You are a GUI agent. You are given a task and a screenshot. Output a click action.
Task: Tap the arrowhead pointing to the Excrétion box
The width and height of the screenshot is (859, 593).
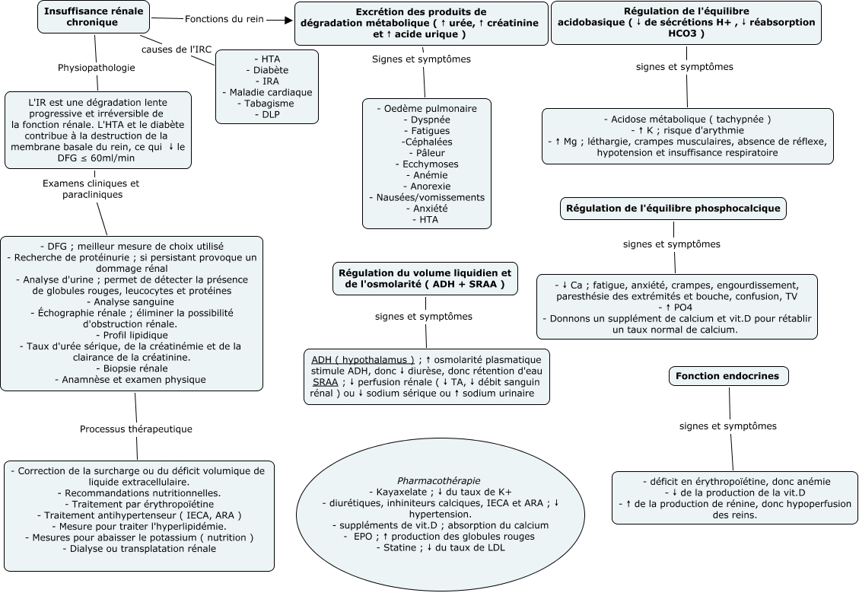click(x=288, y=20)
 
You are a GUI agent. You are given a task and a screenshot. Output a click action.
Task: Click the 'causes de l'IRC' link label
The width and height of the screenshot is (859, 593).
click(x=177, y=49)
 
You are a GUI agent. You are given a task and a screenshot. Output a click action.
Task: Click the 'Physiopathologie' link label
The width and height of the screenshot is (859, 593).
click(x=97, y=68)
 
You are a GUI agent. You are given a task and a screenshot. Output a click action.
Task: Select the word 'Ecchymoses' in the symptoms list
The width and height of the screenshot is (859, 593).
click(x=426, y=164)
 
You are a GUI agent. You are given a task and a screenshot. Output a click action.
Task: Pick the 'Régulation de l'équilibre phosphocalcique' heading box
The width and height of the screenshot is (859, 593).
click(x=673, y=209)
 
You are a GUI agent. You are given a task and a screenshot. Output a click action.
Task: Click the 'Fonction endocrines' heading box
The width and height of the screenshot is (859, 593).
click(x=729, y=376)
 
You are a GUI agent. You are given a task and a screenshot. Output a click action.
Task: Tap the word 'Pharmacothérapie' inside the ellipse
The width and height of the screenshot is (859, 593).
click(x=439, y=480)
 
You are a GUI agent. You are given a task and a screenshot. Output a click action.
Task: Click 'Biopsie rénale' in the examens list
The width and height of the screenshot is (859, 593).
click(x=135, y=368)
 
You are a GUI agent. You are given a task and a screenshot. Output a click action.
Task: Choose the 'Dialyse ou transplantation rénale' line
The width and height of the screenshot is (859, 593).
click(x=138, y=548)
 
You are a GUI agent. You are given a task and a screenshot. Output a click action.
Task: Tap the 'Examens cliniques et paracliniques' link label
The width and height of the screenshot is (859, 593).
click(x=91, y=189)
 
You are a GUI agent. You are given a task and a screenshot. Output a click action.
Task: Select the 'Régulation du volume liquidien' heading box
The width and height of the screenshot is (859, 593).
click(x=424, y=278)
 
